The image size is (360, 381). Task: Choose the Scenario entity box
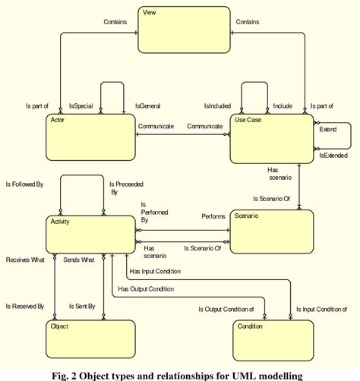click(271, 231)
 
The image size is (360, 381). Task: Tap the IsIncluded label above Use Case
click(216, 107)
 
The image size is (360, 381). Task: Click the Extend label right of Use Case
click(329, 130)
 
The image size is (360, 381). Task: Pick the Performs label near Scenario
click(213, 216)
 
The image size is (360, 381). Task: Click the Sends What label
click(79, 260)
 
